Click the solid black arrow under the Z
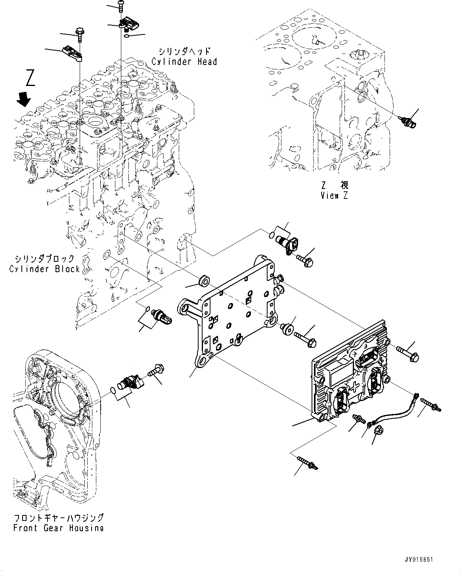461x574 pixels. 24,100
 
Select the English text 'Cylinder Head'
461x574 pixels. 184,62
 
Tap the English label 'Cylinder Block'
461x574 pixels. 44,269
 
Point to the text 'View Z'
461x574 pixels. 335,196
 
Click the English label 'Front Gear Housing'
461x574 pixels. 58,528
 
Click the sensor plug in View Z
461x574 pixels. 407,122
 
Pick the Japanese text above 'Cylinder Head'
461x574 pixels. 184,51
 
